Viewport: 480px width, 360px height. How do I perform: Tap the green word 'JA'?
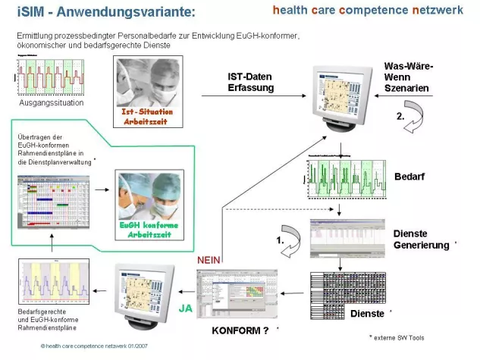click(x=184, y=308)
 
